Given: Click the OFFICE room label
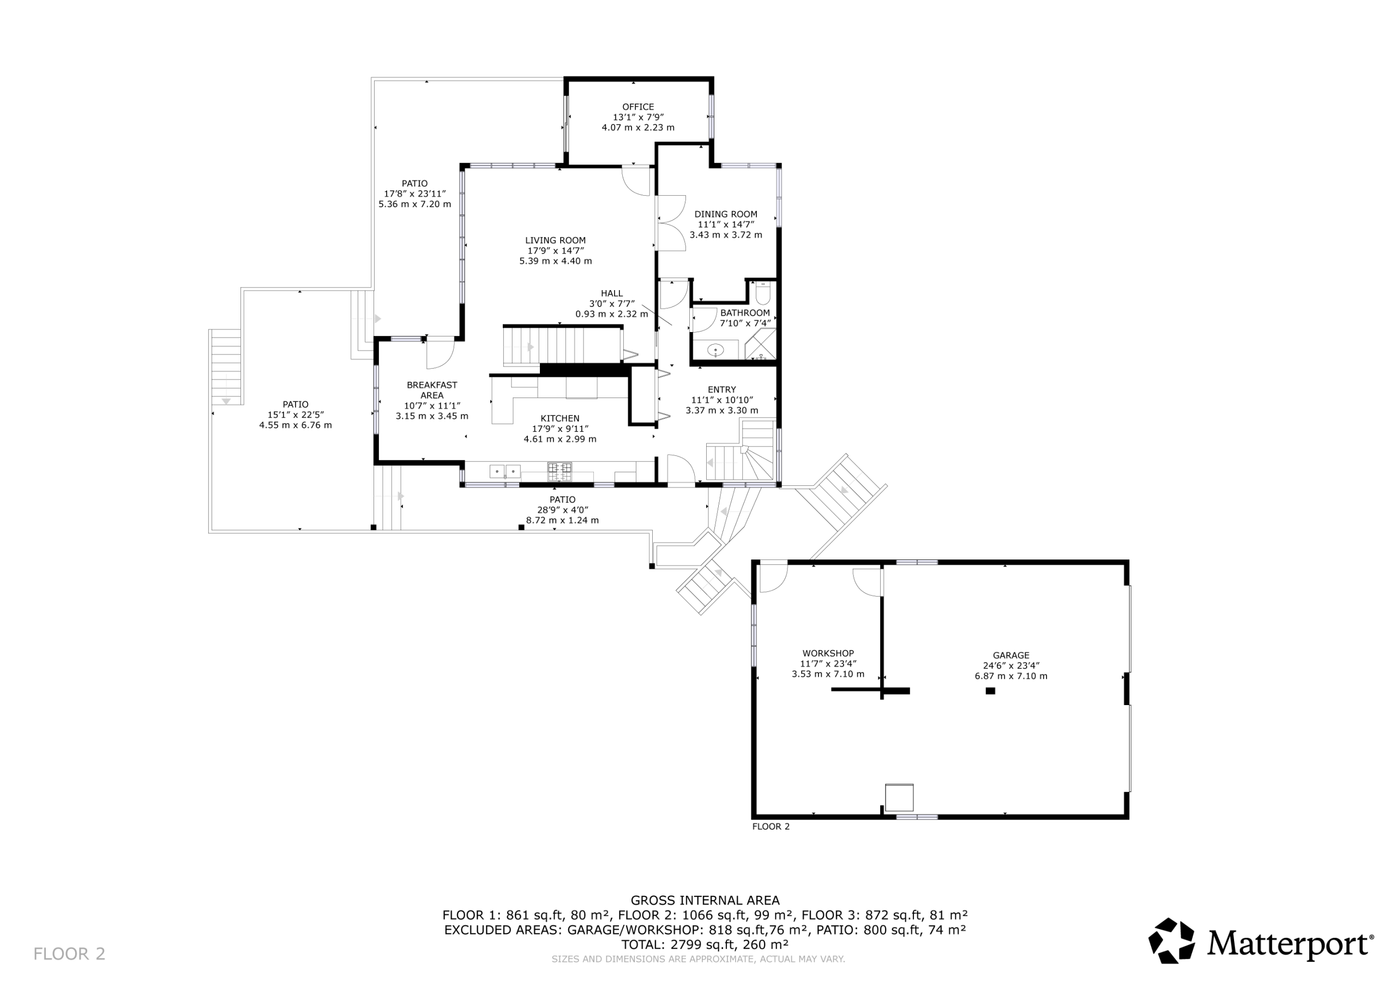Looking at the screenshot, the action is tap(638, 107).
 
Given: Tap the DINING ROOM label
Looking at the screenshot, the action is tap(725, 214).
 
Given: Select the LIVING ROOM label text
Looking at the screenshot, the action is tap(555, 240).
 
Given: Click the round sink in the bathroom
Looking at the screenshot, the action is tap(716, 350).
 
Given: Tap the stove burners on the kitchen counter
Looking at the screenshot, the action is tap(559, 471).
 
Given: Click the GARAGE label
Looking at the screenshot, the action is tap(1010, 655).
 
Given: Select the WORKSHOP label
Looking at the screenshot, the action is tap(827, 654).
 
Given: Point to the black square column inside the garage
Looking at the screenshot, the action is tap(990, 691).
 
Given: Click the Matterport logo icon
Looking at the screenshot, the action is tap(1171, 941).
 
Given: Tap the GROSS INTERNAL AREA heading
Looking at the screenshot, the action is tap(705, 900).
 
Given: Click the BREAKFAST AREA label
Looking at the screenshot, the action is tap(432, 390).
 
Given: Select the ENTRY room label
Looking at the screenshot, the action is tap(721, 390).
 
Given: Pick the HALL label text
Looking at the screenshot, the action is tap(612, 294).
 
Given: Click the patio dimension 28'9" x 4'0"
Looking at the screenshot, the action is tap(562, 510).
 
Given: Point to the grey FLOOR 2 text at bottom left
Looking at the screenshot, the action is tap(69, 954).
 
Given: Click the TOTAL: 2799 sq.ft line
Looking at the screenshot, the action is tap(705, 944).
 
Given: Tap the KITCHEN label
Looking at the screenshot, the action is tap(560, 418).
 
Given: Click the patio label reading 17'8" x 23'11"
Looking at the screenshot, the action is tap(414, 194).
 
